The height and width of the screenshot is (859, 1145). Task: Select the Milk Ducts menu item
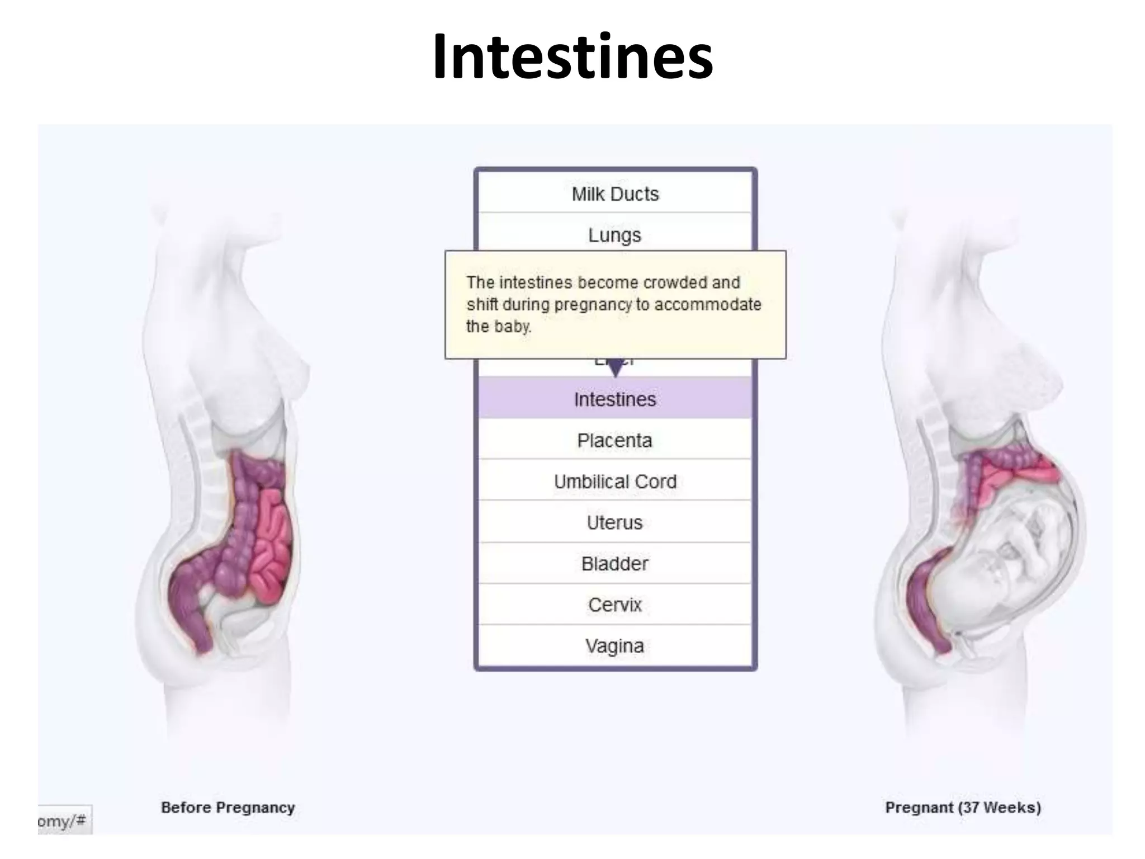pos(615,194)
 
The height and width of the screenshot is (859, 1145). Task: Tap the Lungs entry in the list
pos(615,235)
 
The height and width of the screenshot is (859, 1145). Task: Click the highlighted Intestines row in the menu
pos(615,399)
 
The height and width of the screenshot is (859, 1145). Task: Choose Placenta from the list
pos(615,440)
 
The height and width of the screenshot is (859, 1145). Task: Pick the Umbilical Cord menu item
pos(615,482)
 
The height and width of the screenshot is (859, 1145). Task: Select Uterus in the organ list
pos(615,522)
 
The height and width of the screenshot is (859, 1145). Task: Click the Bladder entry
pos(615,563)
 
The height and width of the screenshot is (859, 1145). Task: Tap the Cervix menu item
pos(615,605)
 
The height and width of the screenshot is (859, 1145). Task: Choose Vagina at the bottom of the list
pos(615,646)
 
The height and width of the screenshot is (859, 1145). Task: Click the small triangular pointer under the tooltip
pos(615,368)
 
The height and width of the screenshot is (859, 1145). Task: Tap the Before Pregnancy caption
pos(228,808)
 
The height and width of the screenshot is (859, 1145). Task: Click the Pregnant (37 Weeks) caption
pos(963,808)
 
